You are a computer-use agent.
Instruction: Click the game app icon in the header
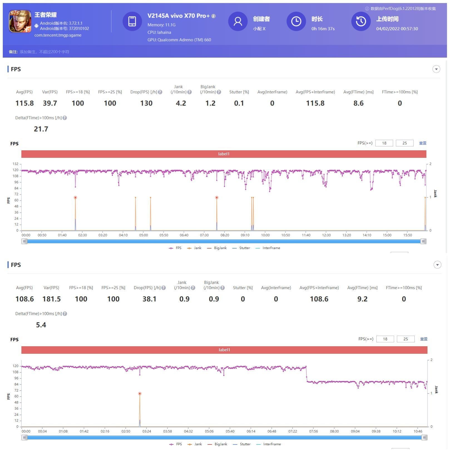(x=20, y=21)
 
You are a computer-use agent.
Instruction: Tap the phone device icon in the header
(x=132, y=21)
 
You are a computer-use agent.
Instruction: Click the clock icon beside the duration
(x=296, y=21)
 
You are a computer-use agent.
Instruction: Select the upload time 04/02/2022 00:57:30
(x=397, y=29)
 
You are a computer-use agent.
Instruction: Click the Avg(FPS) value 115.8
(x=24, y=103)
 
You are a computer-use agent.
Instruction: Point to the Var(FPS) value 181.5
(x=51, y=299)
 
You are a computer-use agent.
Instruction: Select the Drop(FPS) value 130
(x=146, y=103)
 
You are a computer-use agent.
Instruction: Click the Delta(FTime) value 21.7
(x=41, y=129)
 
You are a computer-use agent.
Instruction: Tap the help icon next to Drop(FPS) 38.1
(x=164, y=288)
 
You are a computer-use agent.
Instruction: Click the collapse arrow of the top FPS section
(x=436, y=69)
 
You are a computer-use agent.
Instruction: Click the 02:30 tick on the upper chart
(x=82, y=235)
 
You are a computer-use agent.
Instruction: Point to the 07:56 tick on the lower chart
(x=313, y=431)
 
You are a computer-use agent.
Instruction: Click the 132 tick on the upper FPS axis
(x=15, y=164)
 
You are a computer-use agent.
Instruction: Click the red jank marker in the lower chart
(x=140, y=394)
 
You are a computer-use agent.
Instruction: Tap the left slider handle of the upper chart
(x=24, y=241)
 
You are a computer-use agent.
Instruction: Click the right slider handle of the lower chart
(x=424, y=438)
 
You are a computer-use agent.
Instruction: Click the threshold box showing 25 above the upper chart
(x=404, y=143)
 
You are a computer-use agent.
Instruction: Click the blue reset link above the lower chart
(x=424, y=339)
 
